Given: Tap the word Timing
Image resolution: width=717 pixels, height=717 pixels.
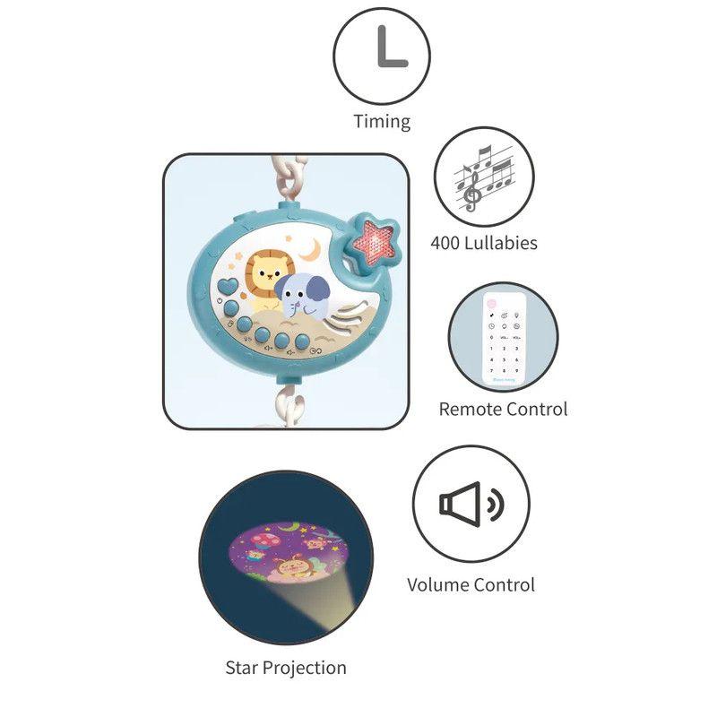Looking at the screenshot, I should [x=382, y=122].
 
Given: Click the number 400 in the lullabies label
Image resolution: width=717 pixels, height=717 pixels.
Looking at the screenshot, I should [x=445, y=243].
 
